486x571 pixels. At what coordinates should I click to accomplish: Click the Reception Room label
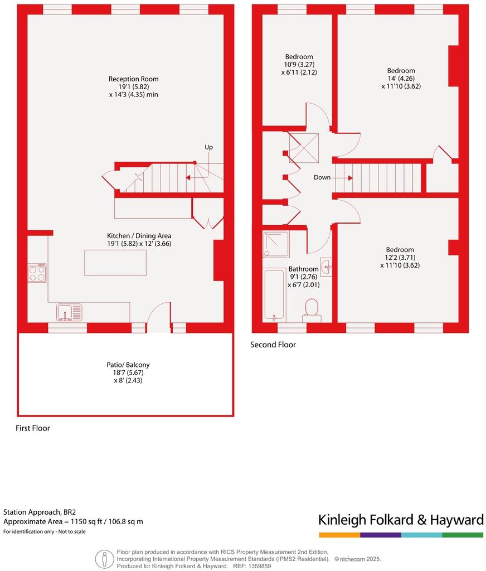click(x=133, y=86)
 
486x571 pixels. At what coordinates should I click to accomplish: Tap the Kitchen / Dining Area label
click(x=139, y=240)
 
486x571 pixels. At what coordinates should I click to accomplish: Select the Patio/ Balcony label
click(x=128, y=372)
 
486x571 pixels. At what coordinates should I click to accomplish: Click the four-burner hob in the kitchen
click(x=37, y=273)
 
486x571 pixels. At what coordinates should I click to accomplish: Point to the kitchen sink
click(x=69, y=313)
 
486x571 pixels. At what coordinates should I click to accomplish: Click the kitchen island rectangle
click(x=115, y=263)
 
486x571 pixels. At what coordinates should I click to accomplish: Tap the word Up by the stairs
click(x=208, y=147)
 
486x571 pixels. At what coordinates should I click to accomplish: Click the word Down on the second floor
click(x=322, y=177)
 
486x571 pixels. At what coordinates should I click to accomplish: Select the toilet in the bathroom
click(x=312, y=311)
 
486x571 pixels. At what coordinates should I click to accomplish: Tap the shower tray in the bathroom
click(x=276, y=244)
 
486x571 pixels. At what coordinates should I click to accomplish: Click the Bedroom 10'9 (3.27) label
click(x=299, y=64)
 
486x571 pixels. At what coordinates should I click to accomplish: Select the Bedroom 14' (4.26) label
click(x=401, y=78)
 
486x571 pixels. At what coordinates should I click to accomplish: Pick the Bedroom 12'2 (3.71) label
click(x=400, y=258)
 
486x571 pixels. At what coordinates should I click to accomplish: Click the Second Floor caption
click(x=273, y=345)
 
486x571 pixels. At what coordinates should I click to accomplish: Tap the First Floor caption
click(x=33, y=428)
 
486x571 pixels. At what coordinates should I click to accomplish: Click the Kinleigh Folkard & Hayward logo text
click(x=401, y=520)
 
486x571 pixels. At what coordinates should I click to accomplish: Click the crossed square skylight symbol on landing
click(x=304, y=147)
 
